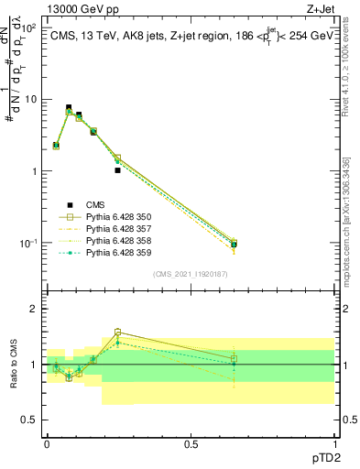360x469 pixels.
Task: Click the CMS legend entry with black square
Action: coord(95,204)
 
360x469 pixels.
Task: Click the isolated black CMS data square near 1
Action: coord(118,170)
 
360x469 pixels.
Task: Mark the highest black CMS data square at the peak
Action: coord(69,107)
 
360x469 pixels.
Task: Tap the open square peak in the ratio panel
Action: coord(118,333)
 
